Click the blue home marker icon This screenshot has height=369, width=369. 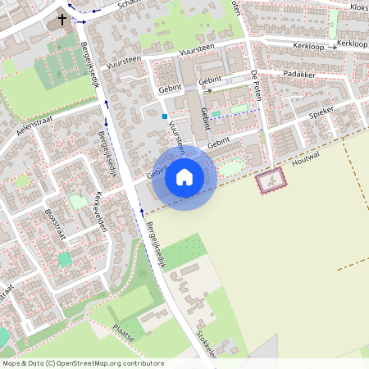tap(184, 176)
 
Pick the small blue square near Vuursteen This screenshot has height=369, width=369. tap(164, 116)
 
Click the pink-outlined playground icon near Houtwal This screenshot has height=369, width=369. tap(271, 180)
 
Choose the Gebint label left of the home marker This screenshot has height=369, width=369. tap(157, 173)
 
